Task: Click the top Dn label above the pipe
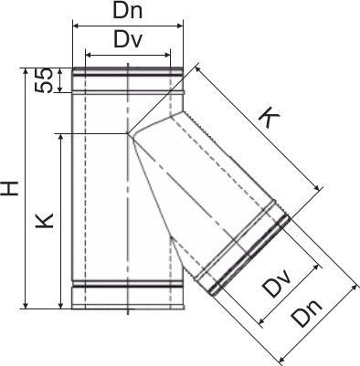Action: (128, 11)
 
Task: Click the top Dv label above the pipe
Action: (128, 39)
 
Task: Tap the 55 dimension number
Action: (44, 80)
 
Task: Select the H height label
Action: (9, 188)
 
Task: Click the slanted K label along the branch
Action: (270, 117)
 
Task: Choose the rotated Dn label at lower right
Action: (306, 313)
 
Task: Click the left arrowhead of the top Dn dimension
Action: (76, 26)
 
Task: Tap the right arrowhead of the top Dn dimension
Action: (180, 26)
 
